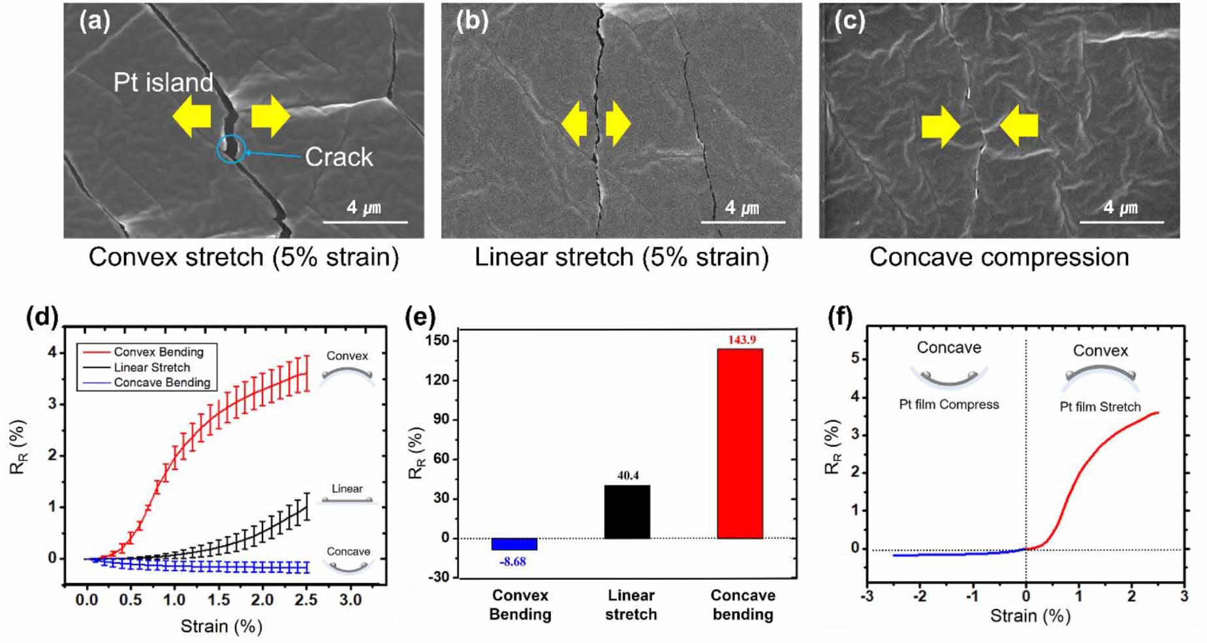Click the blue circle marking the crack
pyautogui.click(x=231, y=149)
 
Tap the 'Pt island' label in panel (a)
pyautogui.click(x=163, y=82)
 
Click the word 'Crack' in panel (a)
pyautogui.click(x=339, y=157)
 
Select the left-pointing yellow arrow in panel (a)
pyautogui.click(x=191, y=116)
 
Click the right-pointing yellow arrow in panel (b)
pyautogui.click(x=618, y=123)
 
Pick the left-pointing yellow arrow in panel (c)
pyautogui.click(x=1018, y=125)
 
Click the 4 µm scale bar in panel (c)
pyautogui.click(x=1121, y=222)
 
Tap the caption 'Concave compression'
pyautogui.click(x=999, y=257)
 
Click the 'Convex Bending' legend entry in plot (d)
pyautogui.click(x=158, y=352)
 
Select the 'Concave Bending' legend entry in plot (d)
pyautogui.click(x=161, y=383)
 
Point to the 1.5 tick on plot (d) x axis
pyautogui.click(x=219, y=599)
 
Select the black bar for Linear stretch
pyautogui.click(x=627, y=511)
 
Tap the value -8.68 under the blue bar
pyautogui.click(x=513, y=561)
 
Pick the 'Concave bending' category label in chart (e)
pyautogui.click(x=743, y=604)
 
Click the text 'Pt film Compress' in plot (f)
pyautogui.click(x=948, y=405)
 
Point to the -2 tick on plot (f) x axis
pyautogui.click(x=920, y=595)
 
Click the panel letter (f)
pyautogui.click(x=839, y=318)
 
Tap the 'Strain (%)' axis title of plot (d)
pyautogui.click(x=221, y=627)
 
